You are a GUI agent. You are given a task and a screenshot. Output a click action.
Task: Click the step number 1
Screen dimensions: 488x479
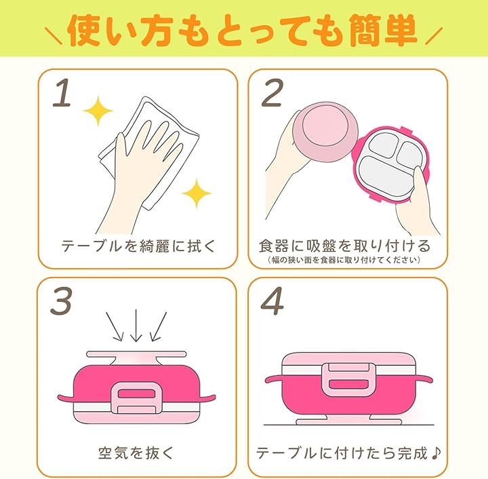tap(62, 92)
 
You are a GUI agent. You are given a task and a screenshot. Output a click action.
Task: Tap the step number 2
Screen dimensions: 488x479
tap(272, 92)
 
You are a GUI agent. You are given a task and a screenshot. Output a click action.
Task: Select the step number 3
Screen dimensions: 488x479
tap(61, 301)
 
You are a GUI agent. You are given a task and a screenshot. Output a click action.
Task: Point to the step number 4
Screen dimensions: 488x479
tap(272, 301)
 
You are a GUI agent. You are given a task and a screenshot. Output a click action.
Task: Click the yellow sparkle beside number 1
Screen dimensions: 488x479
tap(98, 111)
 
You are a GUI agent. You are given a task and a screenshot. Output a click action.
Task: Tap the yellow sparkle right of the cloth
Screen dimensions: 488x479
tap(197, 193)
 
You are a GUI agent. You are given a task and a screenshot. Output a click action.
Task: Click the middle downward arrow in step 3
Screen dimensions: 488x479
tap(136, 326)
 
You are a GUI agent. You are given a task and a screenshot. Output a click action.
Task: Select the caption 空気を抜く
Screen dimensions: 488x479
tap(136, 453)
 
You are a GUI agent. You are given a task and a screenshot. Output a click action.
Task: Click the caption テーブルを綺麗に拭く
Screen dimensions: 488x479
tap(138, 246)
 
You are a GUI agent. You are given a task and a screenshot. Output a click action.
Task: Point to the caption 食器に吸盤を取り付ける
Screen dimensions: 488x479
tap(344, 246)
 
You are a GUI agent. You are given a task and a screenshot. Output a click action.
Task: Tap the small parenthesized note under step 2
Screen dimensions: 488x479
tap(344, 260)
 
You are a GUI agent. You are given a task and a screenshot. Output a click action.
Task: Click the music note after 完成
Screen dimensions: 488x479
tap(436, 453)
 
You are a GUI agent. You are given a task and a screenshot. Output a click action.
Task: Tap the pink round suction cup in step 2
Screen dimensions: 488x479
tap(325, 132)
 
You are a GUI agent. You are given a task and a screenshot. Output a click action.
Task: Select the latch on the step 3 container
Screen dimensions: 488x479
tap(136, 398)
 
